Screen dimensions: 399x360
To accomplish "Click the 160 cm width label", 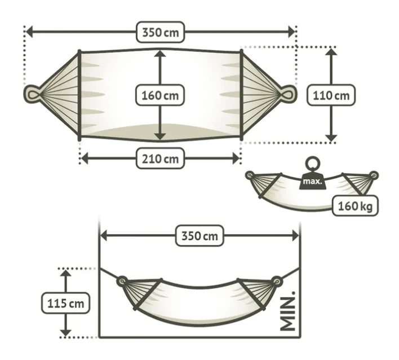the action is click(x=160, y=95).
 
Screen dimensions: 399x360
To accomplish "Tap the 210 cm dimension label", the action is click(x=160, y=159).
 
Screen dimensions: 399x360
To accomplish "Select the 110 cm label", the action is click(x=331, y=95).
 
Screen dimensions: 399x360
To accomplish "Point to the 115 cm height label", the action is click(x=65, y=303).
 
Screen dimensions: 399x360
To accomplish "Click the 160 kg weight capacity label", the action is click(x=355, y=205).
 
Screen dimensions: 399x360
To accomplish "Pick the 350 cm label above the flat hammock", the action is click(x=160, y=32).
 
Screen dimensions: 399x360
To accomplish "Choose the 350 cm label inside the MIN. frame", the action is click(x=200, y=236).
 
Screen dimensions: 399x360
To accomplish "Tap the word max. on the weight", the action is click(x=312, y=182).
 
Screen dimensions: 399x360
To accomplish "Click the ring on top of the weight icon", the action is click(x=313, y=164).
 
